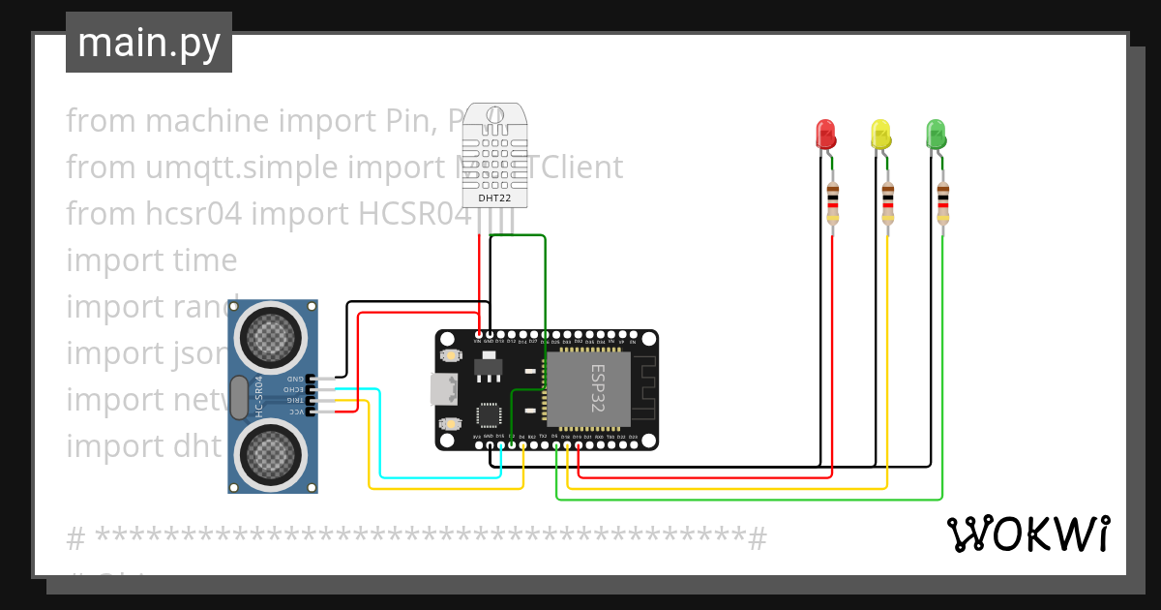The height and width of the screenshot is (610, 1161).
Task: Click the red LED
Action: pyautogui.click(x=825, y=135)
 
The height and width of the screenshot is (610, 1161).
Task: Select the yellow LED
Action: pyautogui.click(x=880, y=135)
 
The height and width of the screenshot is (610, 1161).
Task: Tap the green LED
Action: pyautogui.click(x=936, y=135)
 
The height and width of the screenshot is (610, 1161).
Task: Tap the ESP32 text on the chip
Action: pyautogui.click(x=597, y=389)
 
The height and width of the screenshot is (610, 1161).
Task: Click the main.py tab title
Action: pyautogui.click(x=149, y=44)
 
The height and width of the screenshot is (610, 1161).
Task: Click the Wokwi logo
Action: pyautogui.click(x=1027, y=534)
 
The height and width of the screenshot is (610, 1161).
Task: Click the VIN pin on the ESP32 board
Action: pyautogui.click(x=477, y=337)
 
